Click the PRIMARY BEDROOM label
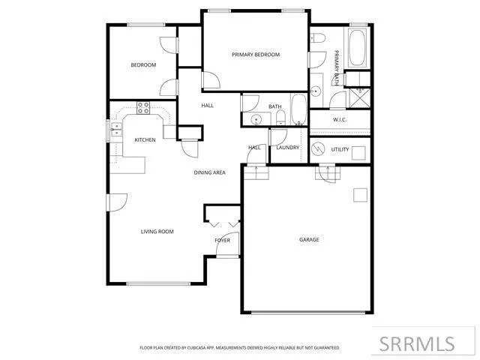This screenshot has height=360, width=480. [x=256, y=55]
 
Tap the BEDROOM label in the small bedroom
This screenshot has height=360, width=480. [x=143, y=65]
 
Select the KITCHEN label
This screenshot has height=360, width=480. [x=145, y=140]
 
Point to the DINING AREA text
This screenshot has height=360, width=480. [x=210, y=172]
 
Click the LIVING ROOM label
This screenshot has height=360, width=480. [x=157, y=232]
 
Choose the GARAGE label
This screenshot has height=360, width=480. [x=309, y=240]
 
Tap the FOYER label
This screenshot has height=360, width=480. [x=223, y=241]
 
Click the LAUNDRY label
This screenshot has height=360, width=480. [x=287, y=148]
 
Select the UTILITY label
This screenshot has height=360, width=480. [x=340, y=149]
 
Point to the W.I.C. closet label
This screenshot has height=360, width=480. [x=339, y=121]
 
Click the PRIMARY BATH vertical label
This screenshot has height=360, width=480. [x=337, y=66]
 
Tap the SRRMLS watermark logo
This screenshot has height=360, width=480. [x=416, y=344]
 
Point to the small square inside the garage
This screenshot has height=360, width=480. [x=361, y=195]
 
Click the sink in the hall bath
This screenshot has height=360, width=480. [x=256, y=119]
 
